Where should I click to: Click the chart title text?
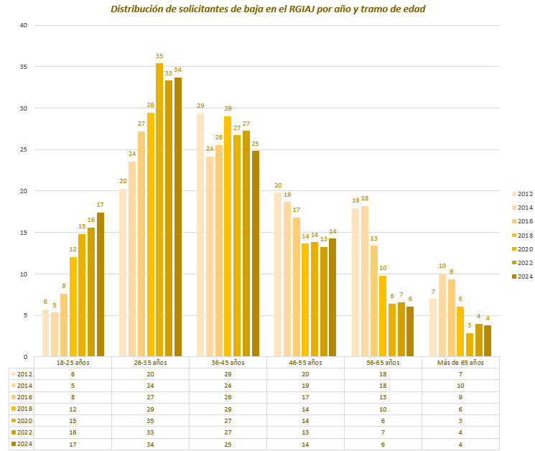[x=267, y=9]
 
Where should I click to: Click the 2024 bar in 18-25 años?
[x=101, y=284]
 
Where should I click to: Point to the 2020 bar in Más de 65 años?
[x=470, y=345]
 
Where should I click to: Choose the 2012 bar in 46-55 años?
[x=278, y=274]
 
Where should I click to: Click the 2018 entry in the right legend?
[x=522, y=235]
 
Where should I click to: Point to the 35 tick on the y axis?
[x=23, y=67]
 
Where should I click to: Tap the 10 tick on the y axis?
[x=23, y=274]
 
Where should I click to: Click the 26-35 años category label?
[x=151, y=363]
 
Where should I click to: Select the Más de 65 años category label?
[x=461, y=363]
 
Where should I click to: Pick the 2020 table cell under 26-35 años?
[x=151, y=420]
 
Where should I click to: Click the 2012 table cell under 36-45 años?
[x=228, y=374]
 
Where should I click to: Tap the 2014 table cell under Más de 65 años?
[x=461, y=386]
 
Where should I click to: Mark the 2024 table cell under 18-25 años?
[x=73, y=443]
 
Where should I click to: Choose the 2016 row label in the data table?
[x=22, y=397]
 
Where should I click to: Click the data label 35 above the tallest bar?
[x=159, y=56]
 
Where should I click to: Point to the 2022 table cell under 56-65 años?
[x=383, y=432]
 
